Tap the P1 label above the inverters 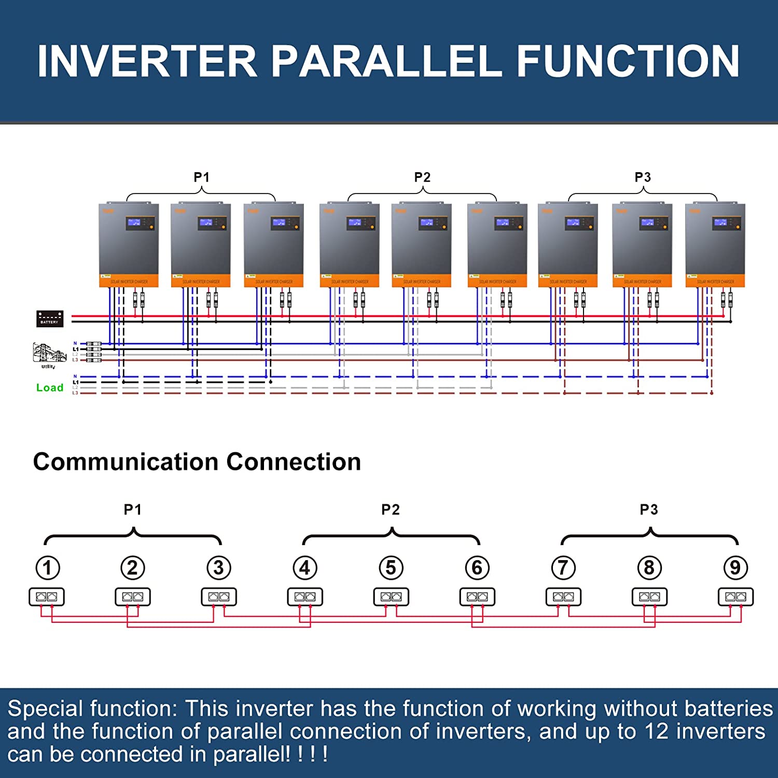pos(201,177)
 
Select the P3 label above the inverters pos(643,177)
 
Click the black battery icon pos(50,318)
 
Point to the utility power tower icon pos(49,353)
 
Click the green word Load pos(50,388)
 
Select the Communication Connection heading pos(197,462)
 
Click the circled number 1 pos(48,567)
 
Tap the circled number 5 pos(391,567)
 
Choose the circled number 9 pos(735,567)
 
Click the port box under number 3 pos(219,597)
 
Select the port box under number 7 pos(563,597)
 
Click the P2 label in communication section pos(391,510)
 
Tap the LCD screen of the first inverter pos(134,223)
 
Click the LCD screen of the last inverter pos(721,223)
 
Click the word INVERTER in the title pos(147,61)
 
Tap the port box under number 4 pos(305,597)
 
